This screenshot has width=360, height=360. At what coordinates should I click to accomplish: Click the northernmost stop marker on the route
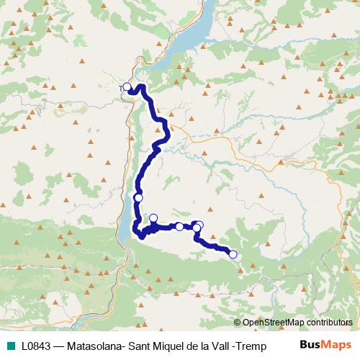pyautogui.click(x=127, y=87)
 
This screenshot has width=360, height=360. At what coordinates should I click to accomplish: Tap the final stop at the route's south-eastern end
pyautogui.click(x=233, y=253)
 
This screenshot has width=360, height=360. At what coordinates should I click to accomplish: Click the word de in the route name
pyautogui.click(x=189, y=346)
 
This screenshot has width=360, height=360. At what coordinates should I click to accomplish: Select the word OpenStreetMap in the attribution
pyautogui.click(x=273, y=324)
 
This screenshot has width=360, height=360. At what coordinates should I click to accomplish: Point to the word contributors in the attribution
pyautogui.click(x=328, y=324)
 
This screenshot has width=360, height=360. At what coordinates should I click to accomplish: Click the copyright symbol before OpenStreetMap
pyautogui.click(x=238, y=324)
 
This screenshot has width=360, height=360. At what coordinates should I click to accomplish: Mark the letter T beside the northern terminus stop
pyautogui.click(x=120, y=88)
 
